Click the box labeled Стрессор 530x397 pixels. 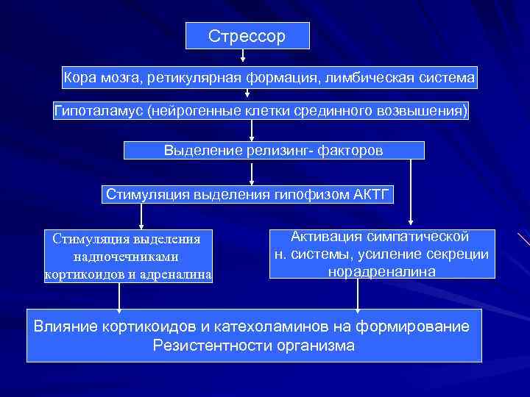pos(247,36)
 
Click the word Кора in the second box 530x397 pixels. pos(78,76)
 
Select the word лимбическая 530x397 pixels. pos(364,76)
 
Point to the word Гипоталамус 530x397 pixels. pos(99,111)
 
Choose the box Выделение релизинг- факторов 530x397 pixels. pos(274,151)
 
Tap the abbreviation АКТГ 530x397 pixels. pos(370,195)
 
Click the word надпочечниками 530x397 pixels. pos(127,257)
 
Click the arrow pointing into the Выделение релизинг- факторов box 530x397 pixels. pos(252,131)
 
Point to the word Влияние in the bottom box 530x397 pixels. pos(62,326)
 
